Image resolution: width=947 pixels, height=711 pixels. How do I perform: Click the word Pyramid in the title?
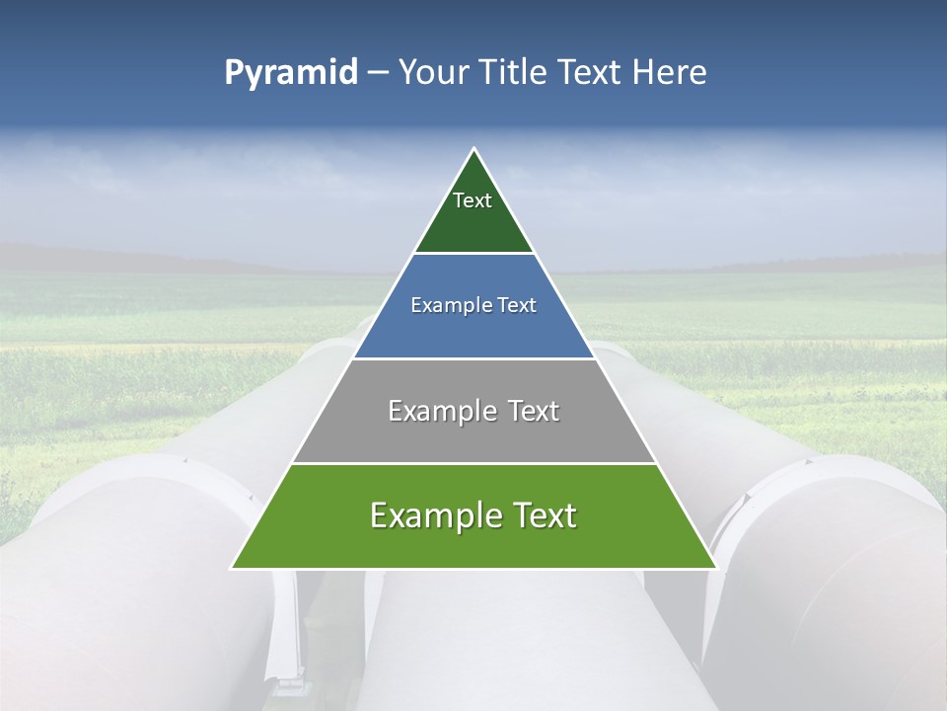[291, 73]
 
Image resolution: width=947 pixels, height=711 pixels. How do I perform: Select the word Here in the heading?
[670, 73]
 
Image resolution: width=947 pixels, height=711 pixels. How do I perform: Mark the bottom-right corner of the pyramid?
[715, 568]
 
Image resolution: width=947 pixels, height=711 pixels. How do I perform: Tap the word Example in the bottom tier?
[433, 515]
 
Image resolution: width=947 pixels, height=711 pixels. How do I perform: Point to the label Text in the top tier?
[473, 200]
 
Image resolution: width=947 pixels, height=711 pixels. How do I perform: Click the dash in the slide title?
[378, 73]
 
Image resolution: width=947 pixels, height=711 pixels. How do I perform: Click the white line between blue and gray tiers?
[473, 358]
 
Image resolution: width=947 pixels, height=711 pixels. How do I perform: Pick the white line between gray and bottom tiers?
[473, 463]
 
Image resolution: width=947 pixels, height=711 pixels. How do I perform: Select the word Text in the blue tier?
[518, 305]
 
